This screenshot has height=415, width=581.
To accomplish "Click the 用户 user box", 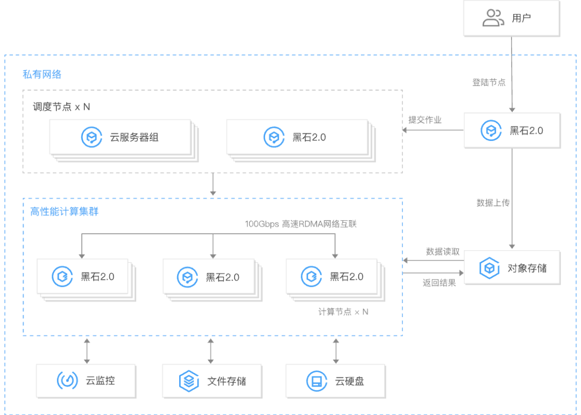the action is tap(512, 18).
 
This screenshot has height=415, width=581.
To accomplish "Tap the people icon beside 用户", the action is tap(493, 18).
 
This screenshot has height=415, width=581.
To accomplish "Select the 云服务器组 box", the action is tap(121, 137).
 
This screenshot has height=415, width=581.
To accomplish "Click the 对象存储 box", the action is tap(512, 268).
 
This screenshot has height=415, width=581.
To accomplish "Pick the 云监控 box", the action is tap(86, 381).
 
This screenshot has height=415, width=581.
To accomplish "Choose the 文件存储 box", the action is tap(212, 381).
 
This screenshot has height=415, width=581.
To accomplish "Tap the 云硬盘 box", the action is tap(336, 381).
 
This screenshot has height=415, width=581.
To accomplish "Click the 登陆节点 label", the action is tap(488, 82).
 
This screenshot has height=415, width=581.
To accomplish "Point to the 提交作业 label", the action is tap(425, 120).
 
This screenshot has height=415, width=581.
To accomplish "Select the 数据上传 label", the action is tap(493, 203).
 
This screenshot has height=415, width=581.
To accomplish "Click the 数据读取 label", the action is tap(443, 252).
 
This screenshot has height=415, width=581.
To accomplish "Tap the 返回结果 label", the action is tap(440, 283).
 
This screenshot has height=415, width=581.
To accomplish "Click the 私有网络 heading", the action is tap(42, 74).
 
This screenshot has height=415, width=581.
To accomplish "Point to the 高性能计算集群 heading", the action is tap(65, 212).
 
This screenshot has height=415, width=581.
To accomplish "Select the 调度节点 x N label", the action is tap(61, 107).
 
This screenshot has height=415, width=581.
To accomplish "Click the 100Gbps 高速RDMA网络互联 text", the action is tap(301, 224).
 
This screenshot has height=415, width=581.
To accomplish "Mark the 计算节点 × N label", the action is tap(343, 312).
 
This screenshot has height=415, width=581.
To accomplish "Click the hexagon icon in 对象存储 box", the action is tap(489, 268).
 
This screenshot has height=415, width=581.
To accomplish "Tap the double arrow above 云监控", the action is tap(87, 351).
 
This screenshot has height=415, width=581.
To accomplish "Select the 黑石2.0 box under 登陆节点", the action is tap(512, 131).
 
